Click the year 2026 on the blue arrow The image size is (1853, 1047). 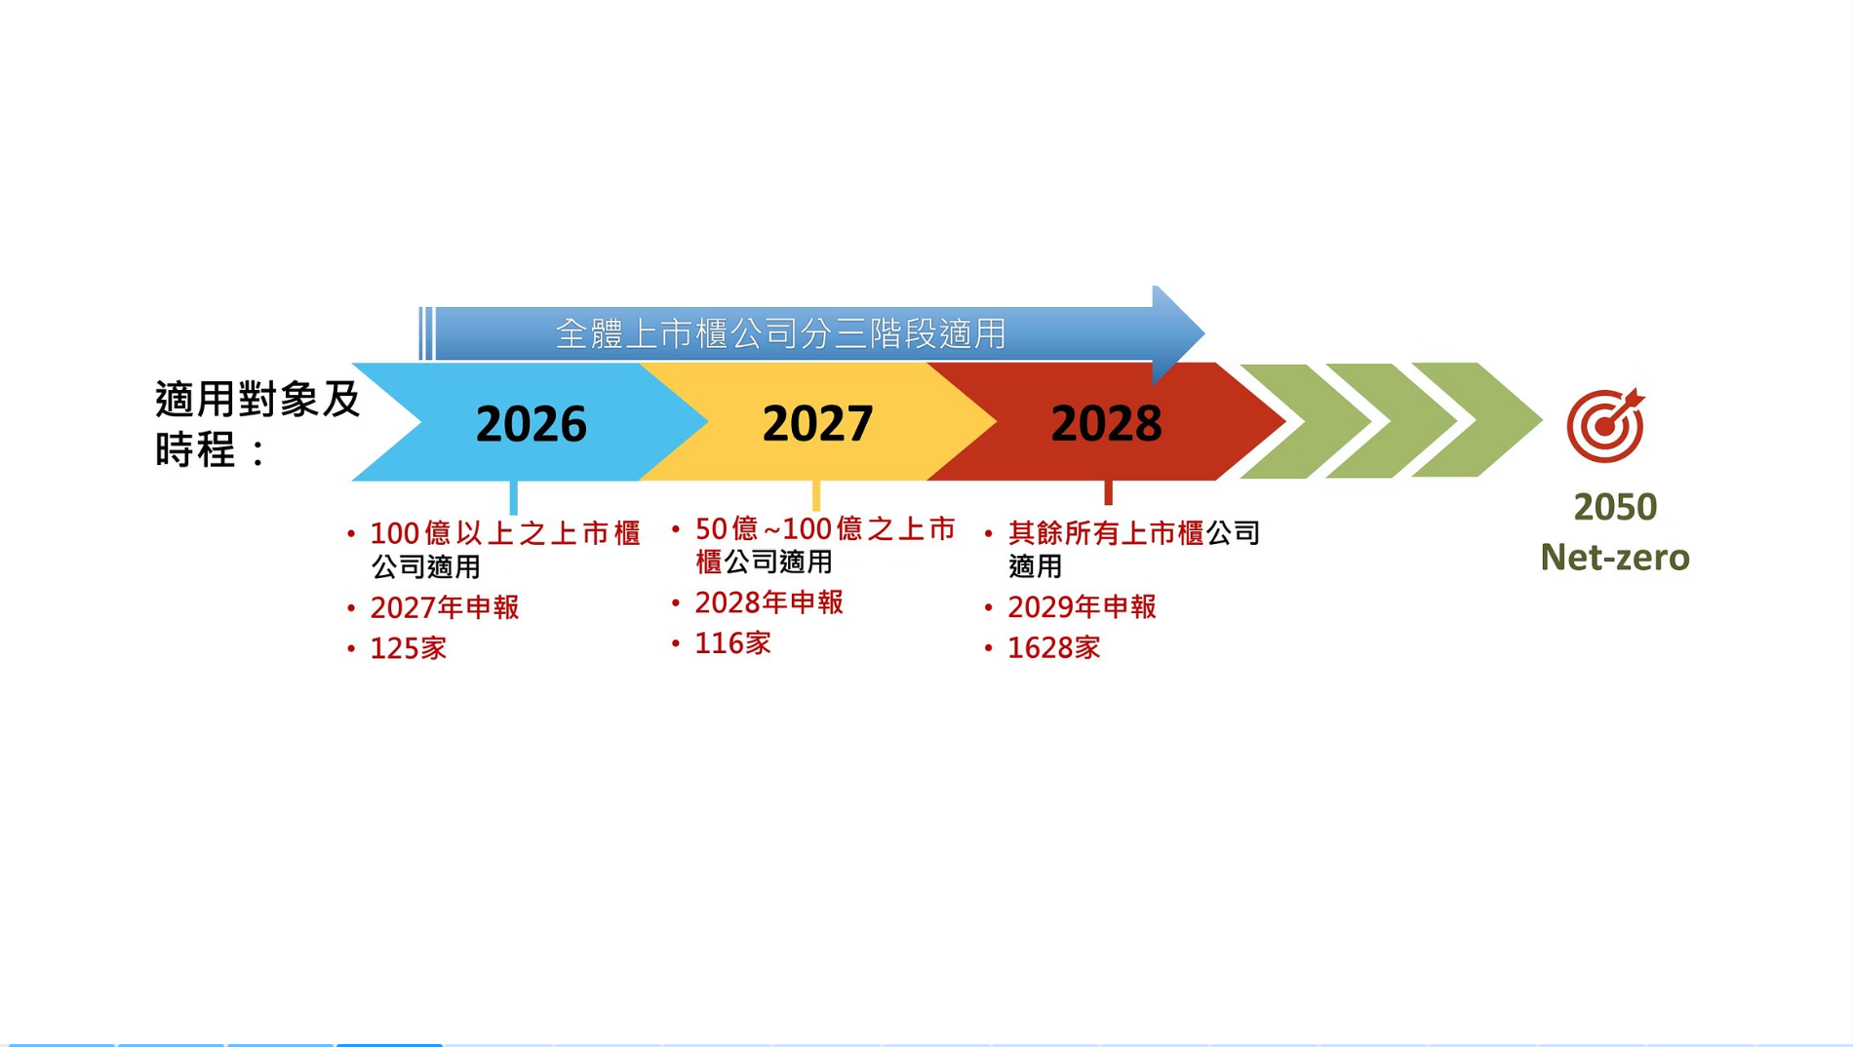point(531,424)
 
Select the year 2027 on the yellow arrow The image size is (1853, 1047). point(817,424)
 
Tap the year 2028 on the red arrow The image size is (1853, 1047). point(1106,424)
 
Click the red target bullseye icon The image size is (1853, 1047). point(1605,425)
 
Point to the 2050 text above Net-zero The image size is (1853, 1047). point(1615,507)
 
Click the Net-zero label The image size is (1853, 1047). point(1615,558)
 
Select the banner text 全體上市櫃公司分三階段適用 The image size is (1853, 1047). point(780,334)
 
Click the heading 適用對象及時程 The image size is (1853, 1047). point(257,424)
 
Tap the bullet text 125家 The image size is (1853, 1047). point(409,648)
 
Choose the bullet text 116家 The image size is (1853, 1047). point(732,643)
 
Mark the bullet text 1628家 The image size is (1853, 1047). point(1053,647)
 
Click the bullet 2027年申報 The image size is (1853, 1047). point(445,607)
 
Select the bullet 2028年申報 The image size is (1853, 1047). point(769,602)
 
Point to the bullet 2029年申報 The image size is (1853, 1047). point(1082,606)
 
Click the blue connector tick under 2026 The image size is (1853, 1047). point(513,496)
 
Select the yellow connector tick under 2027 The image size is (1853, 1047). point(816,494)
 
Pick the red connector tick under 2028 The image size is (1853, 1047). point(1108,492)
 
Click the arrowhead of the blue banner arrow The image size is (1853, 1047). point(1177,333)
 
